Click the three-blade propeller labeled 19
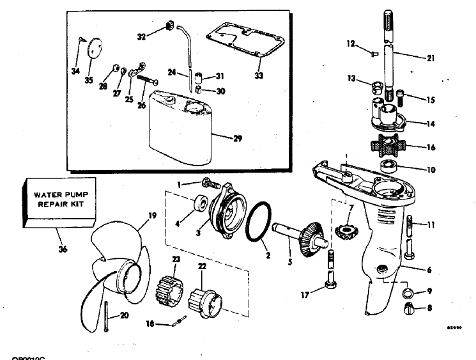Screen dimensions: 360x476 click(118, 269)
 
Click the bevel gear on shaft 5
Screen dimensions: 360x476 click(314, 237)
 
